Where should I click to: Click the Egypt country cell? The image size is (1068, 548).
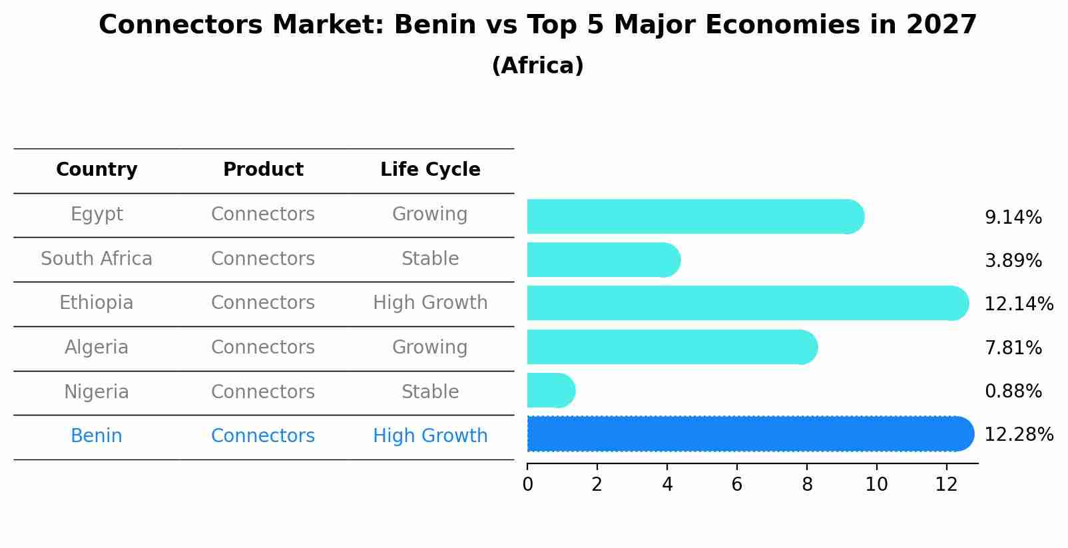[x=97, y=214]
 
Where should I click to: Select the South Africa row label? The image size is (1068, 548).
[x=97, y=259]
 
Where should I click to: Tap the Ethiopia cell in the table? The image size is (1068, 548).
[x=97, y=303]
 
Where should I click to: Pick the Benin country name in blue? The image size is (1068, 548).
[x=97, y=436]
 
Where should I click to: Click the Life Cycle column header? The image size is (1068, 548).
[x=430, y=170]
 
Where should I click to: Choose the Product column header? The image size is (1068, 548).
[x=263, y=170]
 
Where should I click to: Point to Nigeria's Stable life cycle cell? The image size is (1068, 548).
[x=430, y=392]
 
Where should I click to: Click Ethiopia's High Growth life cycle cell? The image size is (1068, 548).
[x=430, y=303]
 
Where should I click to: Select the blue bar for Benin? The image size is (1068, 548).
[x=746, y=434]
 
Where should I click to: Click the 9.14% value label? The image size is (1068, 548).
[x=1013, y=218]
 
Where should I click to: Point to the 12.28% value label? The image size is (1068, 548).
[x=1018, y=435]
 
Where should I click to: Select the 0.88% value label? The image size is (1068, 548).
[x=1013, y=392]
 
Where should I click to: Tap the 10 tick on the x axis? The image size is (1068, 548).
[x=876, y=485]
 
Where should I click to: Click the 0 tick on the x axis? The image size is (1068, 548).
[x=528, y=485]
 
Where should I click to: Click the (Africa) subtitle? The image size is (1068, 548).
[x=537, y=66]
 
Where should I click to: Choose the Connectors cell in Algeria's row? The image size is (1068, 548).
[x=263, y=348]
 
